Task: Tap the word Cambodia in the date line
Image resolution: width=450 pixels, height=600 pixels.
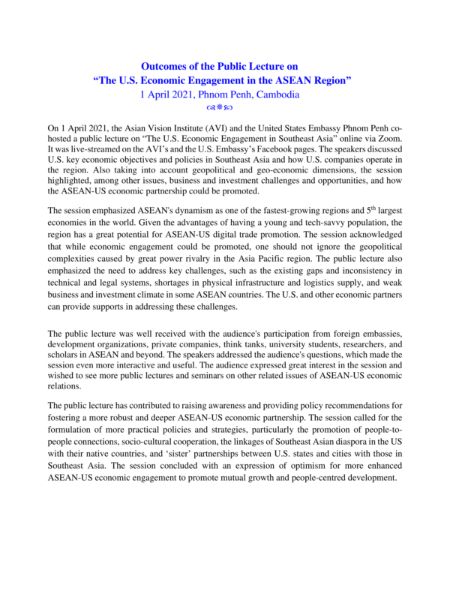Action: point(276,95)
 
